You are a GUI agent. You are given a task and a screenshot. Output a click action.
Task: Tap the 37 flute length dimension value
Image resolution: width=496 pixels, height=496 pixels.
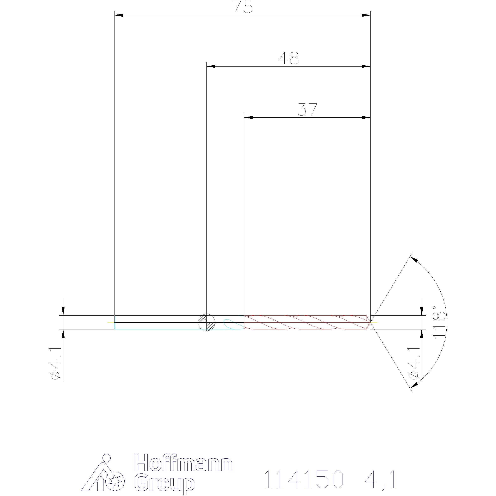(307, 109)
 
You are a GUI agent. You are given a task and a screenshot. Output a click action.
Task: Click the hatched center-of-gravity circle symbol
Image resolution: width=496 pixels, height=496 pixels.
(207, 322)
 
